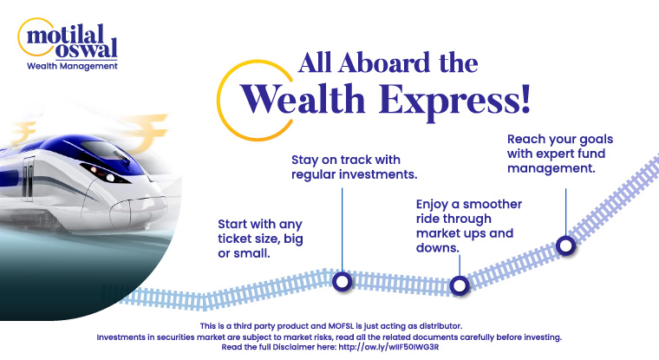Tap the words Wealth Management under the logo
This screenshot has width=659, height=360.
[x=73, y=66]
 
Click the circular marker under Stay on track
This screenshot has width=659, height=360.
[x=342, y=280]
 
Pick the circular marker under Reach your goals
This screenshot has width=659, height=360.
[x=565, y=245]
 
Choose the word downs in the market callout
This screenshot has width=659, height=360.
[x=437, y=247]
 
